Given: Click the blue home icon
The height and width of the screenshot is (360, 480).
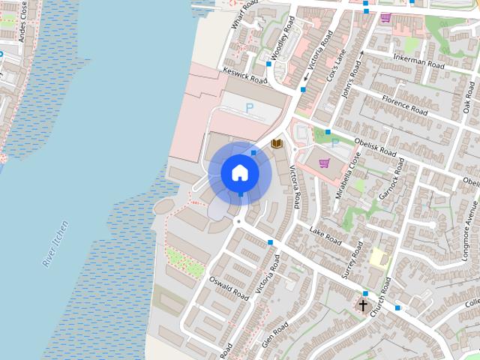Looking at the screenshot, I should coord(240,172).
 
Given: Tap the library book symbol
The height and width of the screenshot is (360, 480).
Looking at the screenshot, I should coord(277,142).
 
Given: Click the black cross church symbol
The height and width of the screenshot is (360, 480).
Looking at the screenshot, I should coord(364,305).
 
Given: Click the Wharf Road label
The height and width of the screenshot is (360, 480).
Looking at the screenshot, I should coord(244,13).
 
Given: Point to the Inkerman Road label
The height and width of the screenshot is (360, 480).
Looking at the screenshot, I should coord(418,61).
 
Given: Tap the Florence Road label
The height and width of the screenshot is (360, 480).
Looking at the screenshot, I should coord(405,105).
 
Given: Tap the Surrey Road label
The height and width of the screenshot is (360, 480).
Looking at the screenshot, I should coord(352,259).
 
